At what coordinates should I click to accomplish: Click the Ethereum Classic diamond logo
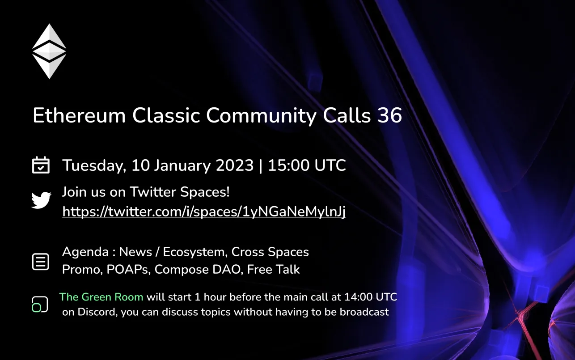(x=49, y=51)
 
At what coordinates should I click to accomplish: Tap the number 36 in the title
(x=389, y=115)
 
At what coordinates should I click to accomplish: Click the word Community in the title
(x=261, y=116)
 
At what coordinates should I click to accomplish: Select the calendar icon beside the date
(x=41, y=165)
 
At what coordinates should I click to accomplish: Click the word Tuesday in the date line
(x=94, y=165)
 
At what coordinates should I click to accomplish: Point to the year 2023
(x=235, y=165)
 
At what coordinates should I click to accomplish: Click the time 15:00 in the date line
(x=288, y=165)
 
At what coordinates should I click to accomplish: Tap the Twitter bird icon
(x=41, y=200)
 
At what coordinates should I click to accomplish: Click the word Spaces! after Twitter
(x=205, y=192)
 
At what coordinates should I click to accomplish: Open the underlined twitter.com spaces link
(x=204, y=212)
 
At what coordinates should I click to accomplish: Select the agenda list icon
(x=41, y=262)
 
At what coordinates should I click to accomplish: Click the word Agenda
(x=85, y=252)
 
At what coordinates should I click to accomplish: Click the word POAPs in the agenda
(x=129, y=270)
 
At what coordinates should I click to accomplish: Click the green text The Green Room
(x=101, y=297)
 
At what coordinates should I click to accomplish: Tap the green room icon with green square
(x=40, y=304)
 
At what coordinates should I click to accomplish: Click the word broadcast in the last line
(x=364, y=312)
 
